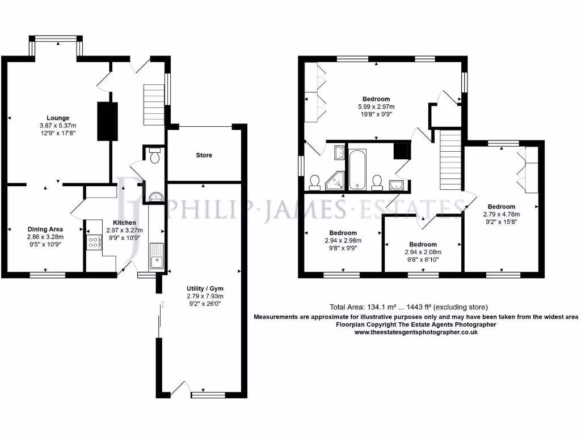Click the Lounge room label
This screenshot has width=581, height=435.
coord(58,118)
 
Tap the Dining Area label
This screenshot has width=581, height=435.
coord(45,229)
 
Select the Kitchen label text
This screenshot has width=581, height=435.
coord(124,223)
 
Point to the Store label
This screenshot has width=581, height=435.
coord(204,155)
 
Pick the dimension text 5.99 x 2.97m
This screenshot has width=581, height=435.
coord(376,106)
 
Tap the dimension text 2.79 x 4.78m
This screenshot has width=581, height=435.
coord(502,214)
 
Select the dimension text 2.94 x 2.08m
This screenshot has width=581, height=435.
coord(423,252)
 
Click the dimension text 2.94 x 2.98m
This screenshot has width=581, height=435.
coord(343,240)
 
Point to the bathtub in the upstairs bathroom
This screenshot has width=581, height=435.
coord(357,169)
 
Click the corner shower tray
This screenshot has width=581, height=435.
coord(338,181)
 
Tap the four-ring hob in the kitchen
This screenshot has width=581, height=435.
coord(92,243)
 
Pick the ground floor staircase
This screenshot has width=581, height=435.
coord(153,105)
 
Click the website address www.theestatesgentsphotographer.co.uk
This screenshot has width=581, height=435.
coord(416,332)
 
